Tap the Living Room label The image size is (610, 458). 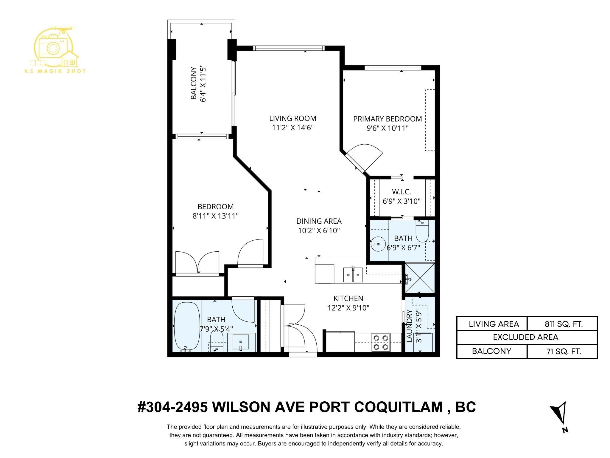(x=293, y=118)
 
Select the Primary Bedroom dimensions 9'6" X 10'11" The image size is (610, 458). (x=387, y=128)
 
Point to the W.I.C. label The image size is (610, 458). (x=401, y=192)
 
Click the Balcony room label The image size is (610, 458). (x=194, y=83)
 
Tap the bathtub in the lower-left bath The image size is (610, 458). (x=187, y=327)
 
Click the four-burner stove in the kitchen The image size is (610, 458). (x=381, y=342)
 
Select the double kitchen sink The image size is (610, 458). (x=353, y=274)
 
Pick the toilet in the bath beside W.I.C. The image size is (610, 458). (x=422, y=231)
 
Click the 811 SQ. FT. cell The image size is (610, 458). (x=562, y=324)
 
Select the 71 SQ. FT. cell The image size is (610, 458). (x=562, y=351)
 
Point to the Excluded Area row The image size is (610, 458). (x=527, y=337)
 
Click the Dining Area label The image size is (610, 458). (x=319, y=221)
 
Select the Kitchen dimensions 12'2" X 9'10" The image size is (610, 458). (x=348, y=308)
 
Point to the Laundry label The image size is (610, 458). (x=409, y=326)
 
